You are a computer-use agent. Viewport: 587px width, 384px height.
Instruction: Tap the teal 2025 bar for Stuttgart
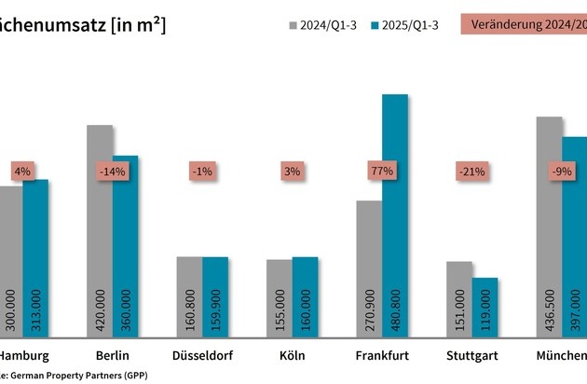pos(485,307)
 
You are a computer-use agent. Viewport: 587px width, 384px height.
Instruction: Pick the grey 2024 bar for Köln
pos(279,297)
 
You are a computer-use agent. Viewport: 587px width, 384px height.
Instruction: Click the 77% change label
pos(382,171)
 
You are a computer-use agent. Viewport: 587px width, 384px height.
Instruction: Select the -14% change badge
pos(113,171)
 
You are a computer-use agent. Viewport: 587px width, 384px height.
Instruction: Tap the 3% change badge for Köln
pos(292,171)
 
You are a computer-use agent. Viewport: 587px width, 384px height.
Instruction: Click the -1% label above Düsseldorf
pos(202,171)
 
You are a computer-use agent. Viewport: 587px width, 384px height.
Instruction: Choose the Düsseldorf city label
pos(202,356)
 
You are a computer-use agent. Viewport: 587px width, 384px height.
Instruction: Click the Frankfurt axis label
pos(382,356)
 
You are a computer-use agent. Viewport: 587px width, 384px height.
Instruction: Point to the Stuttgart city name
pos(471,356)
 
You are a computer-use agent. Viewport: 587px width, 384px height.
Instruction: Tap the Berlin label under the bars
pos(113,356)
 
